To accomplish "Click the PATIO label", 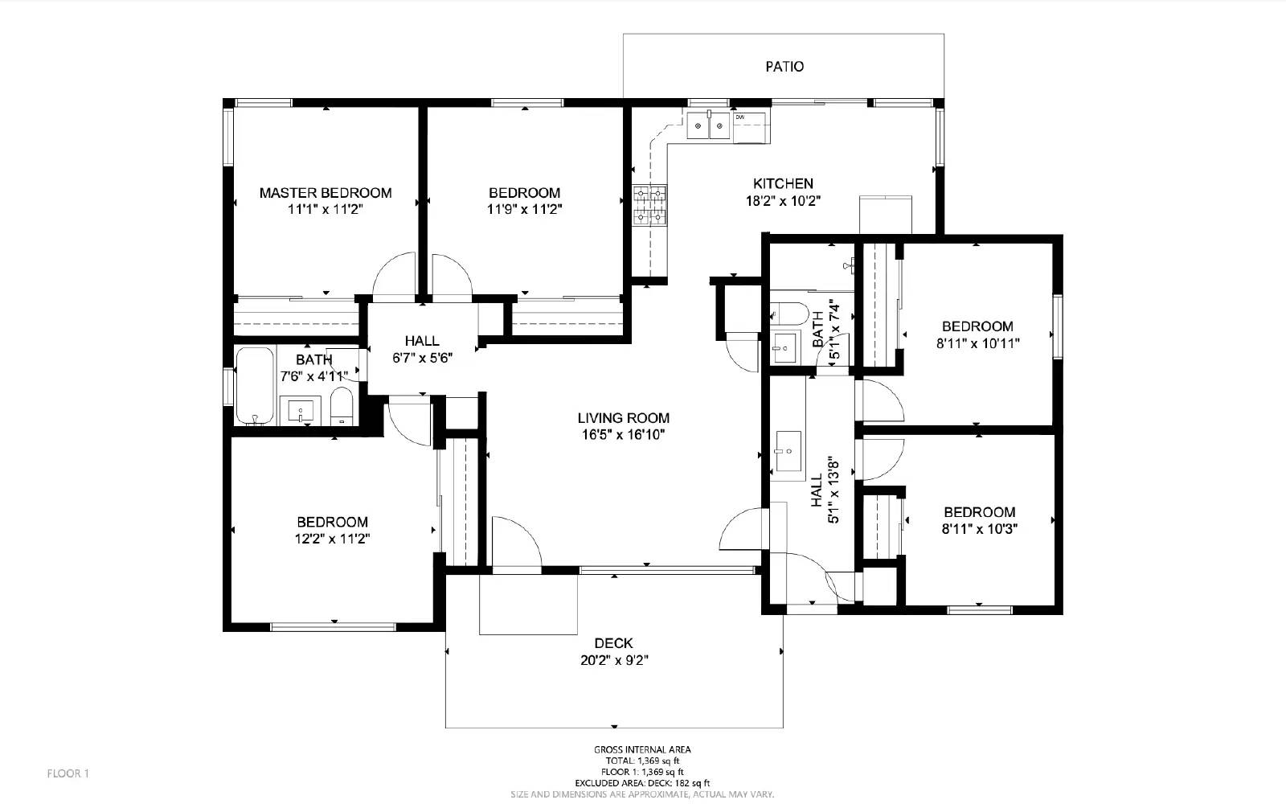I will pyautogui.click(x=784, y=67).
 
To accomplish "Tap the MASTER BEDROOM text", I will pyautogui.click(x=326, y=193).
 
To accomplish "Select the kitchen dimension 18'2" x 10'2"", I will pyautogui.click(x=783, y=201).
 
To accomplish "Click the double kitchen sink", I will pyautogui.click(x=708, y=125).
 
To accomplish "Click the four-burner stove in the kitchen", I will pyautogui.click(x=649, y=206).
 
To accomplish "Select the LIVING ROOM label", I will pyautogui.click(x=623, y=418).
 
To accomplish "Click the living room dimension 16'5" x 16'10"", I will pyautogui.click(x=623, y=435).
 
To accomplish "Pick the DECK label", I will pyautogui.click(x=613, y=643).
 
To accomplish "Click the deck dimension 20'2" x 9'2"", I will pyautogui.click(x=613, y=661).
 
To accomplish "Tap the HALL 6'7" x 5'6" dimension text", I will pyautogui.click(x=423, y=359).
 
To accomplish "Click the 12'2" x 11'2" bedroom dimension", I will pyautogui.click(x=332, y=539).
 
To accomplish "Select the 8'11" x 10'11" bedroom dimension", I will pyautogui.click(x=977, y=343).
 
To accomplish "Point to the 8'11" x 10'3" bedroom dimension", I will pyautogui.click(x=979, y=529).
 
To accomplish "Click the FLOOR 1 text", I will pyautogui.click(x=68, y=773).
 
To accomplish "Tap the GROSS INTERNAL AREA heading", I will pyautogui.click(x=642, y=749).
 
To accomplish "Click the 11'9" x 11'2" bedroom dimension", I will pyautogui.click(x=524, y=210).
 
